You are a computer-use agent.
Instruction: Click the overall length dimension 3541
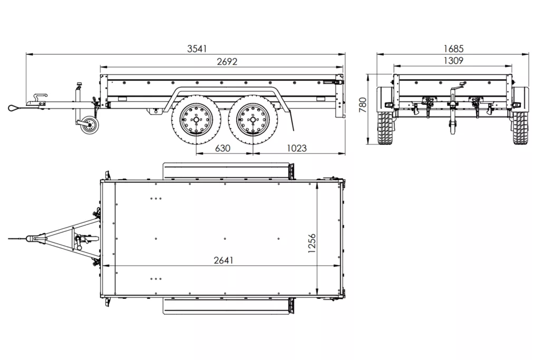pyautogui.click(x=197, y=48)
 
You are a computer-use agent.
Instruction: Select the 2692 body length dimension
pyautogui.click(x=227, y=62)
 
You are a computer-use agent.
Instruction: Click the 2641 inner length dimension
pyautogui.click(x=224, y=260)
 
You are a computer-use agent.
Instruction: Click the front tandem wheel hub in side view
pyautogui.click(x=195, y=120)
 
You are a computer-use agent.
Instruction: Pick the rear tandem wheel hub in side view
pyautogui.click(x=250, y=120)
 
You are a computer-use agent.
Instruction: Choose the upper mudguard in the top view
pyautogui.click(x=227, y=171)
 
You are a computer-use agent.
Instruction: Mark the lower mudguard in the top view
pyautogui.click(x=227, y=306)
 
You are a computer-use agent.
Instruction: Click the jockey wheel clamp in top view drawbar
pyautogui.click(x=79, y=241)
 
